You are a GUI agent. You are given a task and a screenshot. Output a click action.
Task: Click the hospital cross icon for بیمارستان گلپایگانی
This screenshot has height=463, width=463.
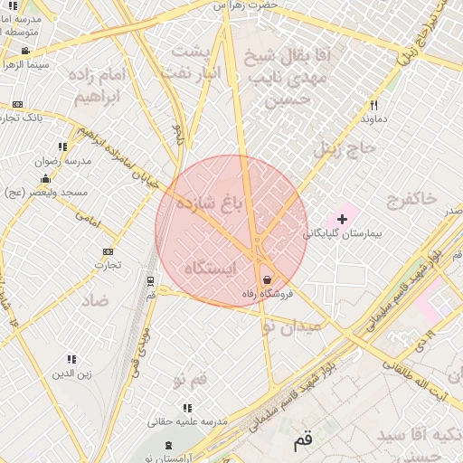(342, 219)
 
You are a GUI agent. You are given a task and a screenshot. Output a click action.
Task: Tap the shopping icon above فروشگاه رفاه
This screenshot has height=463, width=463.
(267, 279)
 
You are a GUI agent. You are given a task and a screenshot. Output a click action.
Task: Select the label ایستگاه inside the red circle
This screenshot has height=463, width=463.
(209, 269)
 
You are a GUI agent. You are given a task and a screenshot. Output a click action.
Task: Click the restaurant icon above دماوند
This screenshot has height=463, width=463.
(373, 105)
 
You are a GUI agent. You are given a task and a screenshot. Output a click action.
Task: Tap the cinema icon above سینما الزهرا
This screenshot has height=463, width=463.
(24, 51)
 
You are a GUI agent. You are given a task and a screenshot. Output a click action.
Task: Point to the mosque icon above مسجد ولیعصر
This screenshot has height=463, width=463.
(45, 179)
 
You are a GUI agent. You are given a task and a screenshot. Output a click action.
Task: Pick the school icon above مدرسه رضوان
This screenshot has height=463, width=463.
(62, 146)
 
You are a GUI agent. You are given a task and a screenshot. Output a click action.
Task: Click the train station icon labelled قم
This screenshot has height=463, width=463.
(150, 281)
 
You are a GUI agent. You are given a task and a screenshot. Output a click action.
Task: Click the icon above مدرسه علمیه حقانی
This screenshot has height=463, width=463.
(187, 409)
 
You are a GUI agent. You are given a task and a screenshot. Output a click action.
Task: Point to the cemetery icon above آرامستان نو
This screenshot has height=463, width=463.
(169, 446)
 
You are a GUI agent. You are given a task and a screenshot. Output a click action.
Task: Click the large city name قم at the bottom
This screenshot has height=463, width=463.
(303, 444)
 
